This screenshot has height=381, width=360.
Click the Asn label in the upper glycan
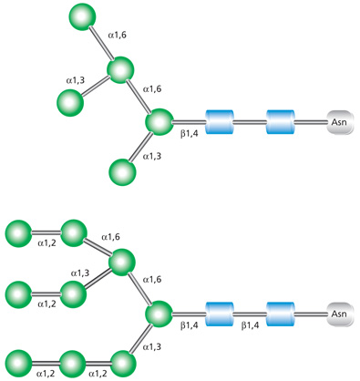pos(338,121)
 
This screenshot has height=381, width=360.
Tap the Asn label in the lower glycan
pos(338,314)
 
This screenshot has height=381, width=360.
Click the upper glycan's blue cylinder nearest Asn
pos(281,121)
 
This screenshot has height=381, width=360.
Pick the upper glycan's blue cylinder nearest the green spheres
pos(221,121)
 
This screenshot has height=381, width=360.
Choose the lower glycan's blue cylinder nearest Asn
pos(281,314)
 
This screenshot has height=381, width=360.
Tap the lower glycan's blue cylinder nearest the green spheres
pos(221,314)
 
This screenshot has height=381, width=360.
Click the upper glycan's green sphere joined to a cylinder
pos(159,121)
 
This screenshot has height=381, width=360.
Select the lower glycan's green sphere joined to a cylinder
pos(159,314)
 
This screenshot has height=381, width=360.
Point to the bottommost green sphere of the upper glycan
pos(121,170)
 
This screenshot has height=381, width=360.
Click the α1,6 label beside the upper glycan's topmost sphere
pos(118,36)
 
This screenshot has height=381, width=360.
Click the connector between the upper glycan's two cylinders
pos(251,121)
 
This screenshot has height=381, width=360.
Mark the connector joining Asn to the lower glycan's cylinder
pos(310,314)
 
